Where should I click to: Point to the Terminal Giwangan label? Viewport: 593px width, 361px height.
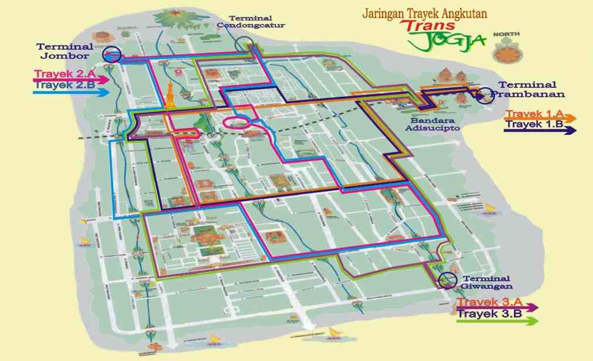[x=486, y=282]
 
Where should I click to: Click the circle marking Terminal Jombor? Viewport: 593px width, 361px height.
[x=111, y=55]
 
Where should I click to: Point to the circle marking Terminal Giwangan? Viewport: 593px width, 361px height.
[x=448, y=280]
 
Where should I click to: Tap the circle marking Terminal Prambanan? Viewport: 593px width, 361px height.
[x=485, y=95]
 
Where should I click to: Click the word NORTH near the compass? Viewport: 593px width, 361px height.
[x=506, y=35]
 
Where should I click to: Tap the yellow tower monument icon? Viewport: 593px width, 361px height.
[x=170, y=95]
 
